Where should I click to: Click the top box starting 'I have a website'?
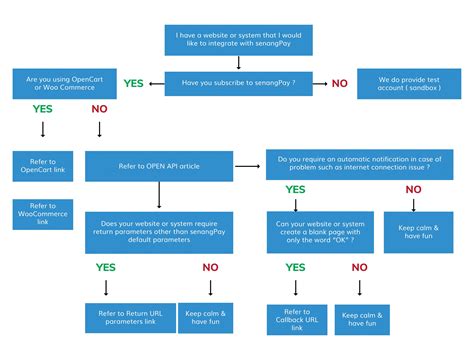point(237,40)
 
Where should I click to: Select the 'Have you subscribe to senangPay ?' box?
point(237,83)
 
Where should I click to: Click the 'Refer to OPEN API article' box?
point(158,165)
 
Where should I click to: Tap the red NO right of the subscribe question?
point(340,84)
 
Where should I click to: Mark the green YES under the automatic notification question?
point(295,188)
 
